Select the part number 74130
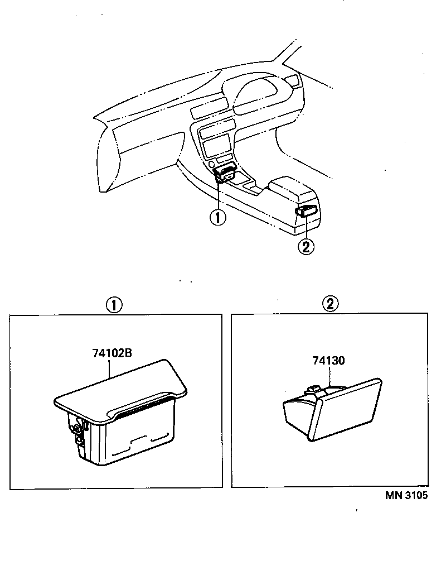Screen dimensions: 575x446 [328, 361]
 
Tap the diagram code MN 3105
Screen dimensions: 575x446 [405, 496]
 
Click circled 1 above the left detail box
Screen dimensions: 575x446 [114, 304]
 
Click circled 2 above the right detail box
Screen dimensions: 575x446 [330, 304]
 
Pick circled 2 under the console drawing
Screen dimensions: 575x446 [306, 246]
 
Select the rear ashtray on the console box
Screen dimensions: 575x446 [307, 210]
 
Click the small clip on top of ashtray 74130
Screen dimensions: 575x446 [314, 389]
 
